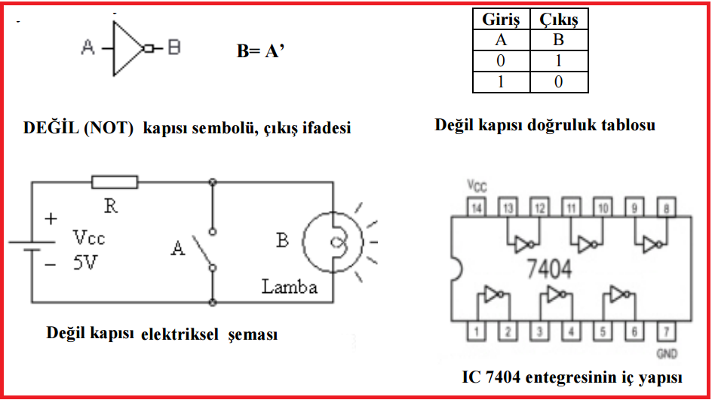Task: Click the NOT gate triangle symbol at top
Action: [x=127, y=48]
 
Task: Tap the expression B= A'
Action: [x=260, y=51]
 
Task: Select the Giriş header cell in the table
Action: [x=502, y=20]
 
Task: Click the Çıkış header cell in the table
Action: [x=558, y=20]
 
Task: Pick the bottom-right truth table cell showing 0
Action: [x=558, y=82]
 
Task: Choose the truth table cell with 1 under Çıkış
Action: [x=558, y=61]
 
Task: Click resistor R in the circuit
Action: [x=115, y=182]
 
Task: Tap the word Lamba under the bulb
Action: [x=290, y=287]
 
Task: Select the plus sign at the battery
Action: [x=51, y=219]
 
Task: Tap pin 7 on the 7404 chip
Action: [x=667, y=329]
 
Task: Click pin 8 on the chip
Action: [x=667, y=207]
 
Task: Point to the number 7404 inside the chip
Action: [x=549, y=267]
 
